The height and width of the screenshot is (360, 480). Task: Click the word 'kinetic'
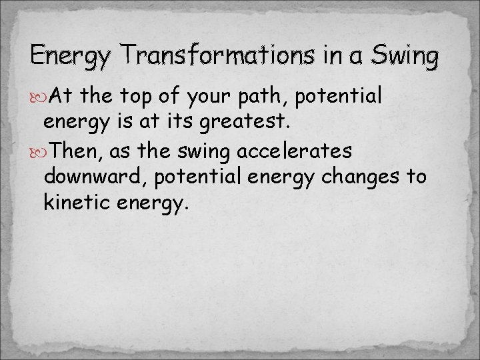(77, 202)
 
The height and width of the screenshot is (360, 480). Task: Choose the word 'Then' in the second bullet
(73, 151)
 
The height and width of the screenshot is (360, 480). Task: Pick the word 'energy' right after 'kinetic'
(151, 203)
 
